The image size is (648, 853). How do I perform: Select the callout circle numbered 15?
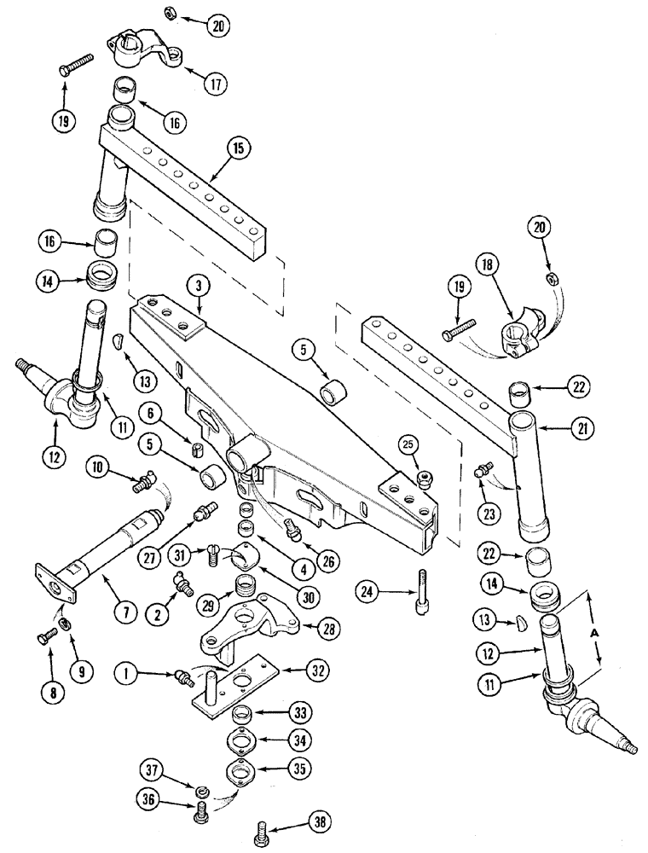(240, 148)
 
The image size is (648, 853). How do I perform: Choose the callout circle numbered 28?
(325, 630)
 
